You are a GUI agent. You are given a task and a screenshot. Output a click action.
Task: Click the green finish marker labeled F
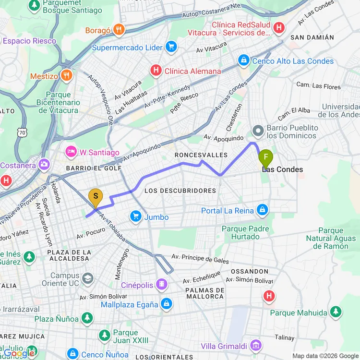point(265,157)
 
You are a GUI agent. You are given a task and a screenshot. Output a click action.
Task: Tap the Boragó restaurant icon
point(119,30)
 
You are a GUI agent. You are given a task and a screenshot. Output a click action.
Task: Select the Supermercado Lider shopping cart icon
point(171,47)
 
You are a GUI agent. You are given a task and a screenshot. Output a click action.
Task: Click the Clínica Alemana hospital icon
point(156,71)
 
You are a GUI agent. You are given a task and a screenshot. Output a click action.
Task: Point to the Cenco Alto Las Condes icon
point(244,60)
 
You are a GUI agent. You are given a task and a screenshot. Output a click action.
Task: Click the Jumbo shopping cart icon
point(135,217)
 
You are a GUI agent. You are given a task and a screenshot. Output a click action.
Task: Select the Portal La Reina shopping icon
point(262,210)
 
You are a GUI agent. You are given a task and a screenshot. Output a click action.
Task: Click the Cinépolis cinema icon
point(162,285)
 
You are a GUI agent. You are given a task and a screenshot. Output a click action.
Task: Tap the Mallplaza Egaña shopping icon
point(167,304)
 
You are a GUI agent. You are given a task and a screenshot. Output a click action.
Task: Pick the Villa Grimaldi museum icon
point(256,346)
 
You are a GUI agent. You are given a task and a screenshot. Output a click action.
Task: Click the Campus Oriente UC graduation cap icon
point(87,279)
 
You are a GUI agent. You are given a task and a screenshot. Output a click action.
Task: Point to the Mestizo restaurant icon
point(67,76)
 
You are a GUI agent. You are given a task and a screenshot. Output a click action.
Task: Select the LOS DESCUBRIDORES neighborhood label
point(180,191)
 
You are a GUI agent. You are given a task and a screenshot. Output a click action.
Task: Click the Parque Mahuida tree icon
point(335,312)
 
